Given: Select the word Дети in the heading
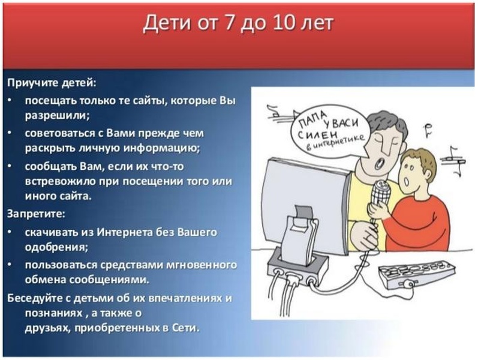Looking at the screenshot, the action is [167, 23].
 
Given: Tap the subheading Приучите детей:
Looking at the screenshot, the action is [52, 83].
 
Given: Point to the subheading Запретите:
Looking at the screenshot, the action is [36, 214].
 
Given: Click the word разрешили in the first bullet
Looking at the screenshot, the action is [57, 116].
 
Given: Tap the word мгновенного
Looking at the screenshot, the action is [202, 265].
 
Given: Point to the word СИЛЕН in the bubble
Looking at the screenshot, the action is [317, 135].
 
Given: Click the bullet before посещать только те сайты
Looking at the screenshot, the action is [10, 100].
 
